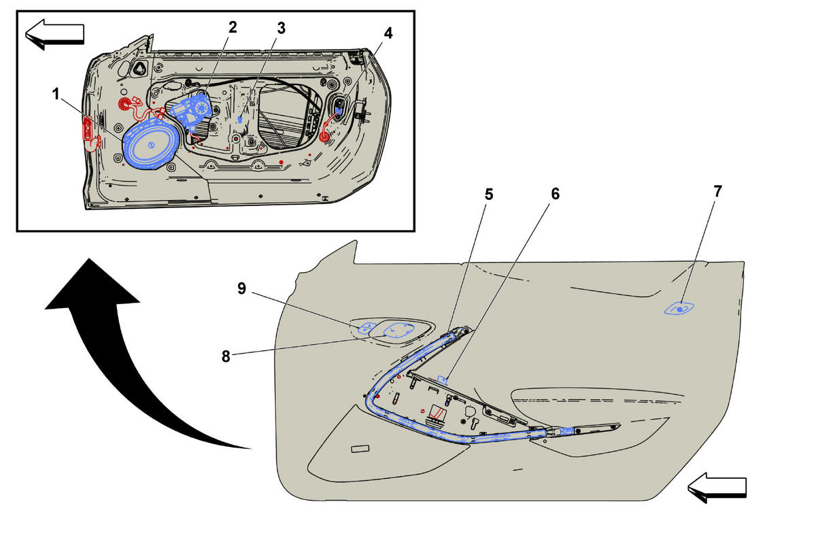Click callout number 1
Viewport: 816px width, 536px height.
(x=56, y=95)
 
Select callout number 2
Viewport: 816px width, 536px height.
(x=233, y=27)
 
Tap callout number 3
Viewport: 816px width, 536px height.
(x=282, y=28)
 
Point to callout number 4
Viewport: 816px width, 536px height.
(x=388, y=33)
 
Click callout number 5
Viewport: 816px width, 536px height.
(x=489, y=195)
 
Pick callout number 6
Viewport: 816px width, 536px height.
(x=555, y=194)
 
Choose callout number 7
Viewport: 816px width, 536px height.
(x=717, y=191)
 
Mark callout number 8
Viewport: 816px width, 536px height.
(x=226, y=356)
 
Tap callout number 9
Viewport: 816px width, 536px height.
(x=242, y=288)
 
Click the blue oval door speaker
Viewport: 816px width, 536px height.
(x=150, y=146)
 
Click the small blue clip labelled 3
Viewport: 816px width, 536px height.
(x=240, y=119)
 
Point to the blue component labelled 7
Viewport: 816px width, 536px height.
(x=679, y=309)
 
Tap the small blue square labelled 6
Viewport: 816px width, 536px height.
(x=442, y=380)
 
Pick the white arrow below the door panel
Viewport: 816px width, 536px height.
(x=717, y=488)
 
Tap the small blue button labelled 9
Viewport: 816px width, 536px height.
(x=366, y=328)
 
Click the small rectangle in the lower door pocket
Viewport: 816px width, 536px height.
(x=360, y=449)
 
